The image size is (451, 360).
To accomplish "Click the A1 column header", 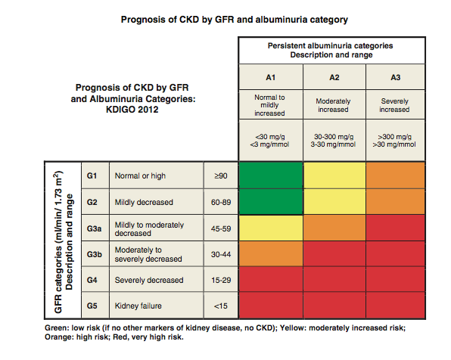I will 270,76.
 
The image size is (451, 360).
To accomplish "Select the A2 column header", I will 334,76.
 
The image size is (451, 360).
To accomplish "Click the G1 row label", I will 93,175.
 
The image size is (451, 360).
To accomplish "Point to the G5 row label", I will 93,306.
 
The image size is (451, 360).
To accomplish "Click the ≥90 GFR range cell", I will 220,175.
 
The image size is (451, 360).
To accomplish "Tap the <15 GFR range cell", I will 220,306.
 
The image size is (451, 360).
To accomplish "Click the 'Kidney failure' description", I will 138,306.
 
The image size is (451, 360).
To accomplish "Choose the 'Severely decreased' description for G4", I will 148,280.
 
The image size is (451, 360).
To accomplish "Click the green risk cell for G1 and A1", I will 270,175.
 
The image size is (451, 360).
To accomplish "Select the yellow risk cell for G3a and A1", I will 270,228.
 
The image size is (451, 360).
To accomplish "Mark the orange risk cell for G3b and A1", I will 270,254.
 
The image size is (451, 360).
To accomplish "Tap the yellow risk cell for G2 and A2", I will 334,202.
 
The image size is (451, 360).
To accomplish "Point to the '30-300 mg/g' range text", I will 334,137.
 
